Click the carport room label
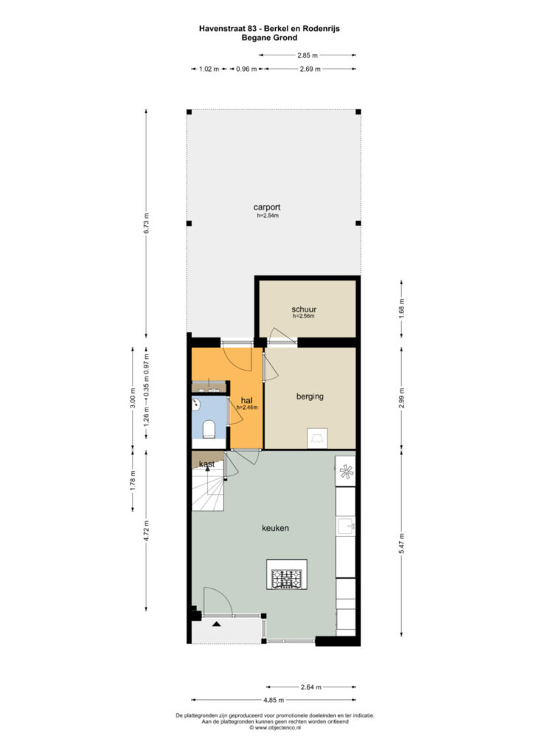(267, 207)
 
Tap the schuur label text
(304, 309)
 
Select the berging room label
(310, 396)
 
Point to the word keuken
(275, 528)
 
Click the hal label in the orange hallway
(246, 401)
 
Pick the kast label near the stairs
(207, 464)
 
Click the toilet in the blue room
(209, 429)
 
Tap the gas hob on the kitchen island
(286, 579)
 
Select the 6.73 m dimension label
(147, 223)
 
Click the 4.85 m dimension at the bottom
(274, 700)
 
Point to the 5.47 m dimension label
(401, 543)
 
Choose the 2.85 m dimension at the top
(308, 55)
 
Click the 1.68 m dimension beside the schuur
(401, 309)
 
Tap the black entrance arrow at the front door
(216, 624)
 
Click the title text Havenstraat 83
(228, 29)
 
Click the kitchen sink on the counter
(346, 526)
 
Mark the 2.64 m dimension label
(311, 687)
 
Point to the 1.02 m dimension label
(209, 69)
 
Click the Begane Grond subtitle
(269, 38)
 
